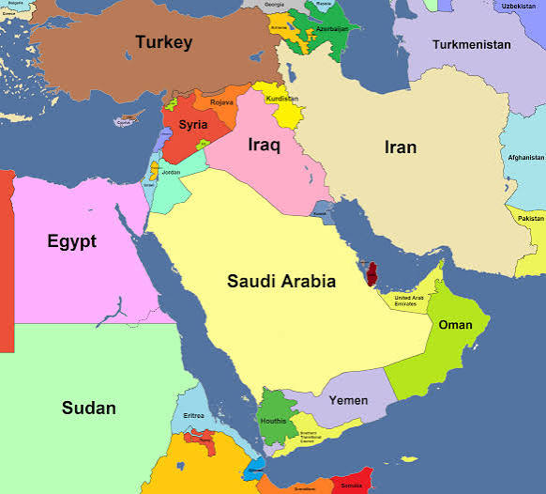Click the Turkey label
coord(163,42)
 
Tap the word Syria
coord(193,124)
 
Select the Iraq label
coord(265,145)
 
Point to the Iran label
coord(401,147)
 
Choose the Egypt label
coord(71,241)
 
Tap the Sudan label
coord(89,408)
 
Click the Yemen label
coord(348,399)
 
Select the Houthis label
coord(273,422)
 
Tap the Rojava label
coord(222,102)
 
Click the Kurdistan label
coord(281,99)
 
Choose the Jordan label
coord(171,173)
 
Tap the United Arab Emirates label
coord(409,300)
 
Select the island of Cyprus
coord(126,121)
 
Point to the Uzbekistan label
coord(518,6)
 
